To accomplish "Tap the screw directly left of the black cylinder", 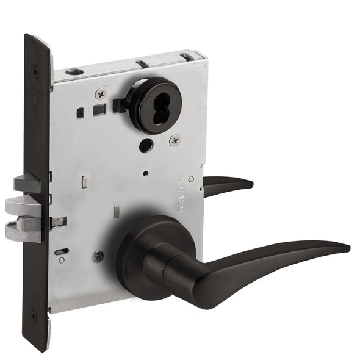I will (101, 94).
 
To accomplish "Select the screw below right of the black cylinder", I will (175, 140).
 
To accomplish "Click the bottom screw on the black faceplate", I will (34, 315).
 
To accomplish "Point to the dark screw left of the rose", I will (98, 257).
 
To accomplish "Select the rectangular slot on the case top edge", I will (142, 63).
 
